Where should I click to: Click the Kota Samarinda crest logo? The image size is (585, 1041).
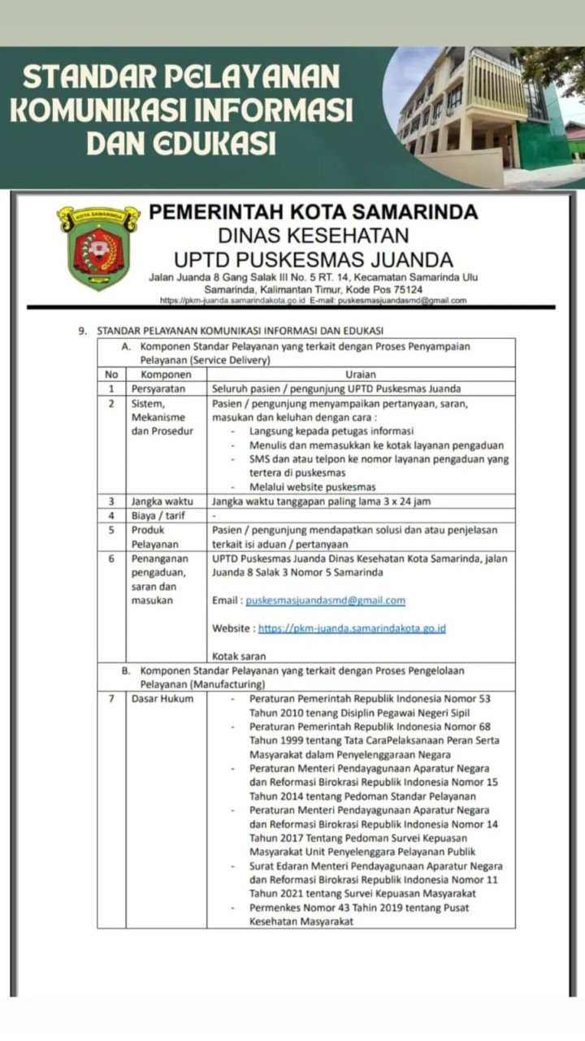click(98, 247)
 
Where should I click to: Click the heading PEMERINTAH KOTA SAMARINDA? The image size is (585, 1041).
click(314, 212)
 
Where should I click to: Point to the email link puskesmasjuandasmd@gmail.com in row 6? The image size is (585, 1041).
click(325, 601)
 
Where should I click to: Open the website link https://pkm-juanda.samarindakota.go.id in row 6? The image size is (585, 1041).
click(352, 628)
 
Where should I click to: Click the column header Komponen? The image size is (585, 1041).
click(166, 375)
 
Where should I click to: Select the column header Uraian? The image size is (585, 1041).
click(361, 375)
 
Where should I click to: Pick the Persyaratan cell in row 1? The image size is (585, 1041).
click(159, 388)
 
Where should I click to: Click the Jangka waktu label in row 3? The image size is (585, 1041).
click(162, 501)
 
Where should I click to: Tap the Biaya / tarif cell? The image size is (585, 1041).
click(158, 515)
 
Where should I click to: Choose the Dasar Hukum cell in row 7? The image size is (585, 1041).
click(162, 698)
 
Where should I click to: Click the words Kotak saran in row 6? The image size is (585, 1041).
click(239, 656)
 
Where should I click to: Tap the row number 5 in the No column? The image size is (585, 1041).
click(111, 530)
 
